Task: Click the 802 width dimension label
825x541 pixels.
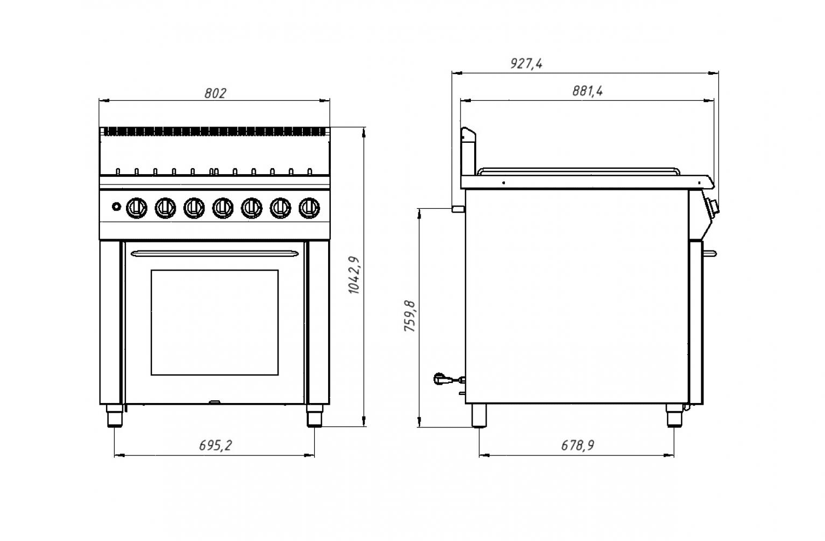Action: pyautogui.click(x=215, y=93)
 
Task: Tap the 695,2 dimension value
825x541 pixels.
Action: pyautogui.click(x=215, y=445)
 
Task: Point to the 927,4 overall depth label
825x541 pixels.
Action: pyautogui.click(x=526, y=63)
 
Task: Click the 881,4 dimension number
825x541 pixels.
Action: pyautogui.click(x=587, y=91)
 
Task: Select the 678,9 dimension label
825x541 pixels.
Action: pyautogui.click(x=577, y=445)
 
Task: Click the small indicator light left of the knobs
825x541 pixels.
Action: pyautogui.click(x=116, y=206)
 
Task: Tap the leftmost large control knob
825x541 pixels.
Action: pyautogui.click(x=136, y=207)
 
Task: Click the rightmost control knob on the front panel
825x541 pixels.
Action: pyautogui.click(x=309, y=207)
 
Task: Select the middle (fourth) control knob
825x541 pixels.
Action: pyautogui.click(x=222, y=207)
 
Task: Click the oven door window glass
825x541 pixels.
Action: pyautogui.click(x=215, y=322)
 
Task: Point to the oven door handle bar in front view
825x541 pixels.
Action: pyautogui.click(x=215, y=252)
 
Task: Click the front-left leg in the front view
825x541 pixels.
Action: pyautogui.click(x=114, y=417)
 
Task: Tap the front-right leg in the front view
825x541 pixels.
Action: pyautogui.click(x=314, y=417)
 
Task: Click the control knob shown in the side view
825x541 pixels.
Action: pyautogui.click(x=713, y=207)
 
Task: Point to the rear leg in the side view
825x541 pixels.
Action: pyautogui.click(x=479, y=416)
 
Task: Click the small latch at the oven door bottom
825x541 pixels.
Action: pyautogui.click(x=215, y=402)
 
